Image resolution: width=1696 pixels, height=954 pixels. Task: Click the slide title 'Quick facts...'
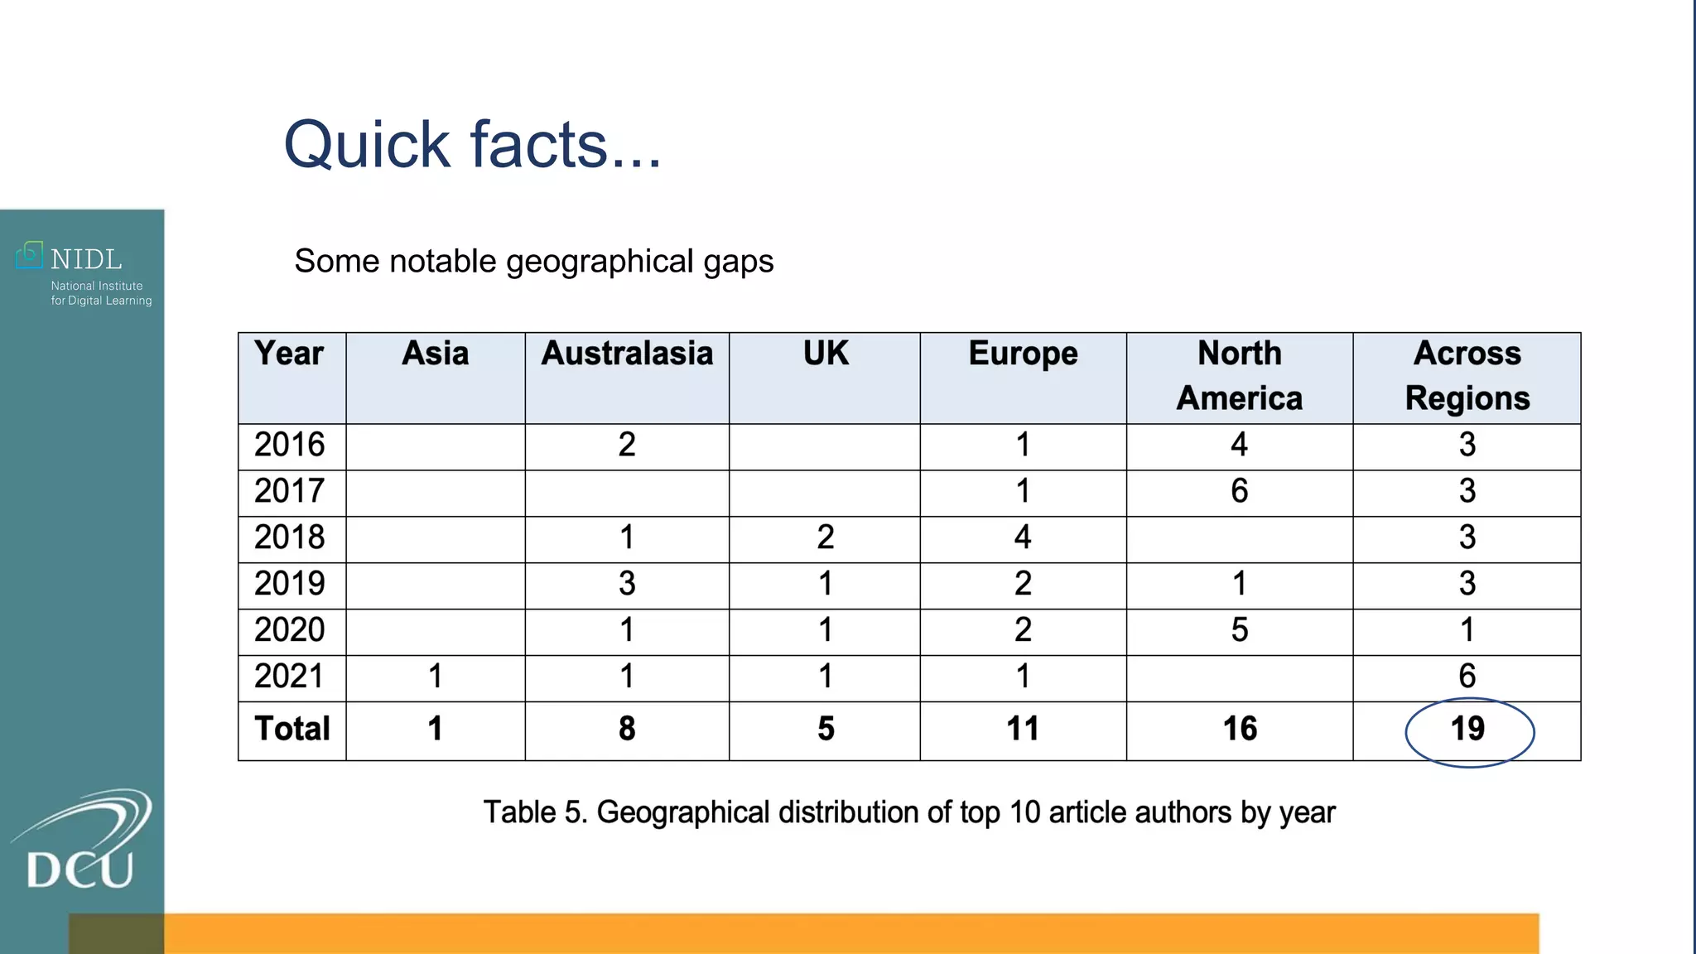[472, 145]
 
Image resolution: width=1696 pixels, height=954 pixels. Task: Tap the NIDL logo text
[85, 259]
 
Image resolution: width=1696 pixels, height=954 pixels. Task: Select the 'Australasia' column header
[627, 354]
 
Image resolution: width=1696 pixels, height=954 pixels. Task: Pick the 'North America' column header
[1240, 376]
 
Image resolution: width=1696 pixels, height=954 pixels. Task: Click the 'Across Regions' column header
[1467, 376]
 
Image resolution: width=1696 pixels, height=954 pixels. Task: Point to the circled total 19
[1468, 730]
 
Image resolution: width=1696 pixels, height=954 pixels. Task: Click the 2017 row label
[290, 491]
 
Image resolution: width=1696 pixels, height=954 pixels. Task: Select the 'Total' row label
[292, 730]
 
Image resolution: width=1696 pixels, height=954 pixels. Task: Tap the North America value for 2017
[1240, 491]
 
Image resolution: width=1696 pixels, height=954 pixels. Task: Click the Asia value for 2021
[436, 677]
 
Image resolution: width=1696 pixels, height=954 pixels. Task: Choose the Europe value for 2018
[1023, 537]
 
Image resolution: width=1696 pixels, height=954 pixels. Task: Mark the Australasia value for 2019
[627, 584]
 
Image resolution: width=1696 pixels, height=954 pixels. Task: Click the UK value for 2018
[826, 537]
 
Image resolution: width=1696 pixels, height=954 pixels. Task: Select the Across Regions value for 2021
[1467, 677]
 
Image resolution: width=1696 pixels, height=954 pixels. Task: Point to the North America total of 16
[1240, 730]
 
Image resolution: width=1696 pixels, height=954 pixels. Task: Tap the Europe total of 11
[1023, 730]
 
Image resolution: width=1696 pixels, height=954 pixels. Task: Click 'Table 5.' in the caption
[535, 812]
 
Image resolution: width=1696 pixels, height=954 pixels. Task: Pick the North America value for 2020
[1240, 630]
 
